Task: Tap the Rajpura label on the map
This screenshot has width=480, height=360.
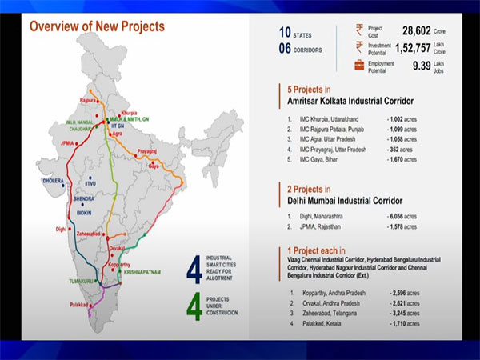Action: point(89,101)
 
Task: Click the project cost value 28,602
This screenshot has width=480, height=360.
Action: point(420,30)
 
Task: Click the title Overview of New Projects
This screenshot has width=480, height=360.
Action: point(97,26)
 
